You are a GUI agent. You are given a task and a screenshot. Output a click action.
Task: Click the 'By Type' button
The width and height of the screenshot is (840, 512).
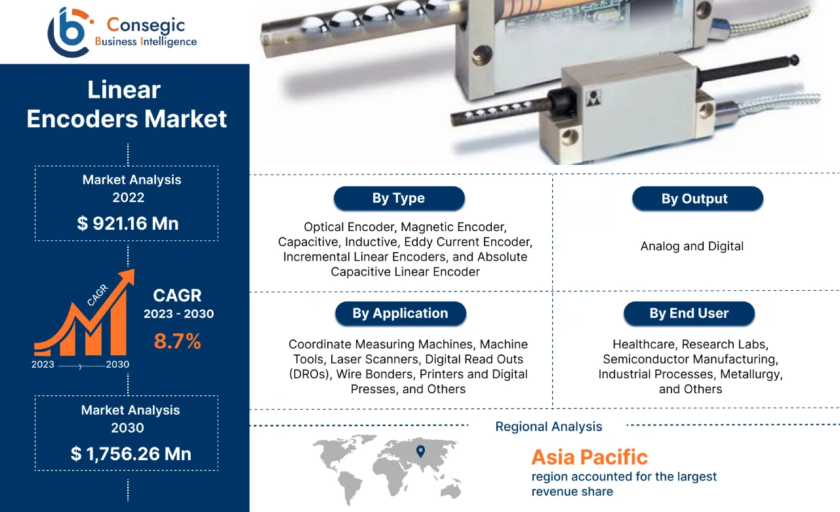[x=399, y=198]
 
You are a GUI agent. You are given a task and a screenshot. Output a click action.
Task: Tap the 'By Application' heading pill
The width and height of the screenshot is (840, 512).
[x=400, y=313]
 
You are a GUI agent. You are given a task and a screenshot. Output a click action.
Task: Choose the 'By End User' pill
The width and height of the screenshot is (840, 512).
[x=689, y=313]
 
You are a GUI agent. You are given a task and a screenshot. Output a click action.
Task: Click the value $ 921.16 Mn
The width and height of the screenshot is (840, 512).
[x=127, y=223]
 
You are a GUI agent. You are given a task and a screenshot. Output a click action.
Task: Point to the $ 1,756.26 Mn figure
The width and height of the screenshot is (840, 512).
[x=130, y=454]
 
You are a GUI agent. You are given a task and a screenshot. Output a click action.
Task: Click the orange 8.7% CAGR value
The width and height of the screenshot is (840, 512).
[x=177, y=341]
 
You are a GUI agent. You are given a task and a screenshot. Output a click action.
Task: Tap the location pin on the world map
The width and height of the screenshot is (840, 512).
[x=420, y=451]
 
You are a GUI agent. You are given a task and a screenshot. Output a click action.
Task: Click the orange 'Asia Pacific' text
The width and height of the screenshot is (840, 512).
[x=589, y=457]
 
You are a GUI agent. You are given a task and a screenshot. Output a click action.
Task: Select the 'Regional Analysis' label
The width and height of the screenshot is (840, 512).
[x=548, y=427]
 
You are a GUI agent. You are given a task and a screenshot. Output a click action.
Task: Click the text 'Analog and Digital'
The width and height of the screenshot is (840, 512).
[x=692, y=246]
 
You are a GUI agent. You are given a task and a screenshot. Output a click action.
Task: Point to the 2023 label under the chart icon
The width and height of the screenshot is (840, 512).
[x=43, y=365]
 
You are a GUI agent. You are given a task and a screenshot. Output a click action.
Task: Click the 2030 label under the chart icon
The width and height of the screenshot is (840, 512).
[x=118, y=365]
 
